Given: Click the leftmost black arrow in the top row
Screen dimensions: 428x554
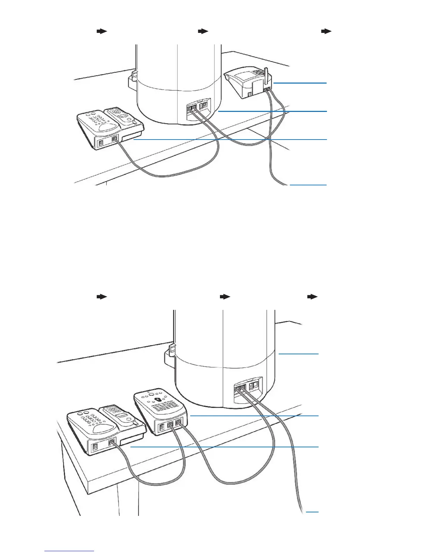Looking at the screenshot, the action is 101,31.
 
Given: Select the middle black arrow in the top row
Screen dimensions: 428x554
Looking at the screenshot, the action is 203,31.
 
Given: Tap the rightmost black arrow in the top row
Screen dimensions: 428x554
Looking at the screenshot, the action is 326,31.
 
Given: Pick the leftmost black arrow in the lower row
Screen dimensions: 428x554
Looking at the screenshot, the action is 101,297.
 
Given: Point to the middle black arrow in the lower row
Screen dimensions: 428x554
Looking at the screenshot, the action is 225,297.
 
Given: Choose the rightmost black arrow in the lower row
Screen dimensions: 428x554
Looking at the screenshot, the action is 312,297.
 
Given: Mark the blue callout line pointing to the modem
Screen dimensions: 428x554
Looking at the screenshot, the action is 300,83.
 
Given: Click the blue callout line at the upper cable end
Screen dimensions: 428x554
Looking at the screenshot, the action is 308,184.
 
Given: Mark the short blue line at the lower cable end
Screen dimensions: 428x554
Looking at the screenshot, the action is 312,512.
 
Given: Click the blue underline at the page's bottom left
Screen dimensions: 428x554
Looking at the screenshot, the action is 69,551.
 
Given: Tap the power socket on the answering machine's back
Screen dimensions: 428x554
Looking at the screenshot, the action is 162,427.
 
